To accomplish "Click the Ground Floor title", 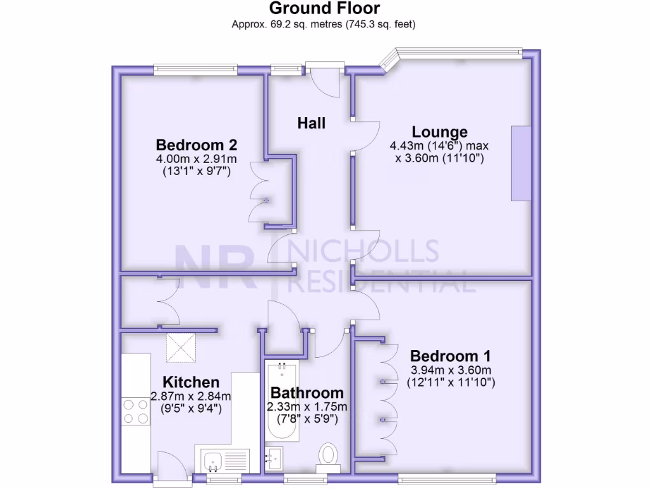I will point(324,8).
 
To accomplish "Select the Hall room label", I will point(312,123).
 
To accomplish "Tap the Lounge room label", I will point(439,132).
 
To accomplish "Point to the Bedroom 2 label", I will point(196,144).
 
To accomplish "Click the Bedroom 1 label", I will point(450,355).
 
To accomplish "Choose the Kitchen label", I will point(191,382).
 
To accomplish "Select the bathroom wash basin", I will point(275,457).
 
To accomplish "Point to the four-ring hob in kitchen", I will point(135,411).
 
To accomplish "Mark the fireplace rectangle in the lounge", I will point(521,164).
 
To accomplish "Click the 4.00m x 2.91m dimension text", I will point(196,159).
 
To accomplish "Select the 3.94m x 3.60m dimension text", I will point(450,370).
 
